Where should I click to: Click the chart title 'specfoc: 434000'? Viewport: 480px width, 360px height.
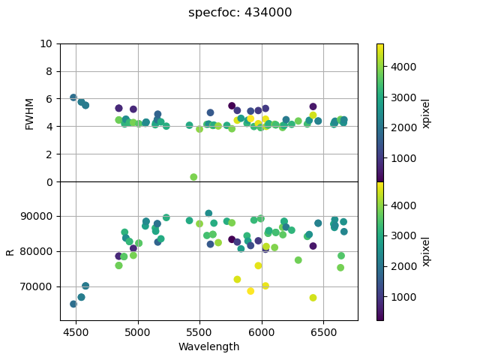click(x=240, y=13)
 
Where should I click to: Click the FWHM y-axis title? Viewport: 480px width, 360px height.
click(x=30, y=112)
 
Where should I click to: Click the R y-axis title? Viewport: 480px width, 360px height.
click(x=10, y=251)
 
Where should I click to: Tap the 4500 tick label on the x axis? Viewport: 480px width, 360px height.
click(x=76, y=331)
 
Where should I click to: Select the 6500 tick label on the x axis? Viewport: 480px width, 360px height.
click(x=323, y=331)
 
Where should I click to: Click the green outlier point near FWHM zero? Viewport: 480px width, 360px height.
click(x=193, y=177)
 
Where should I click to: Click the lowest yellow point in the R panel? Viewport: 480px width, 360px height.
click(x=313, y=298)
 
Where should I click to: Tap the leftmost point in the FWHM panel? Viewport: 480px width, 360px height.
click(x=73, y=97)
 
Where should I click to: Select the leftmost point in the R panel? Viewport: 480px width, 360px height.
click(x=73, y=304)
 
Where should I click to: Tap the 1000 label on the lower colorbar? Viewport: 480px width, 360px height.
click(x=401, y=297)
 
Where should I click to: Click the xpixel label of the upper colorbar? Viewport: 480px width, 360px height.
click(x=425, y=112)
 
